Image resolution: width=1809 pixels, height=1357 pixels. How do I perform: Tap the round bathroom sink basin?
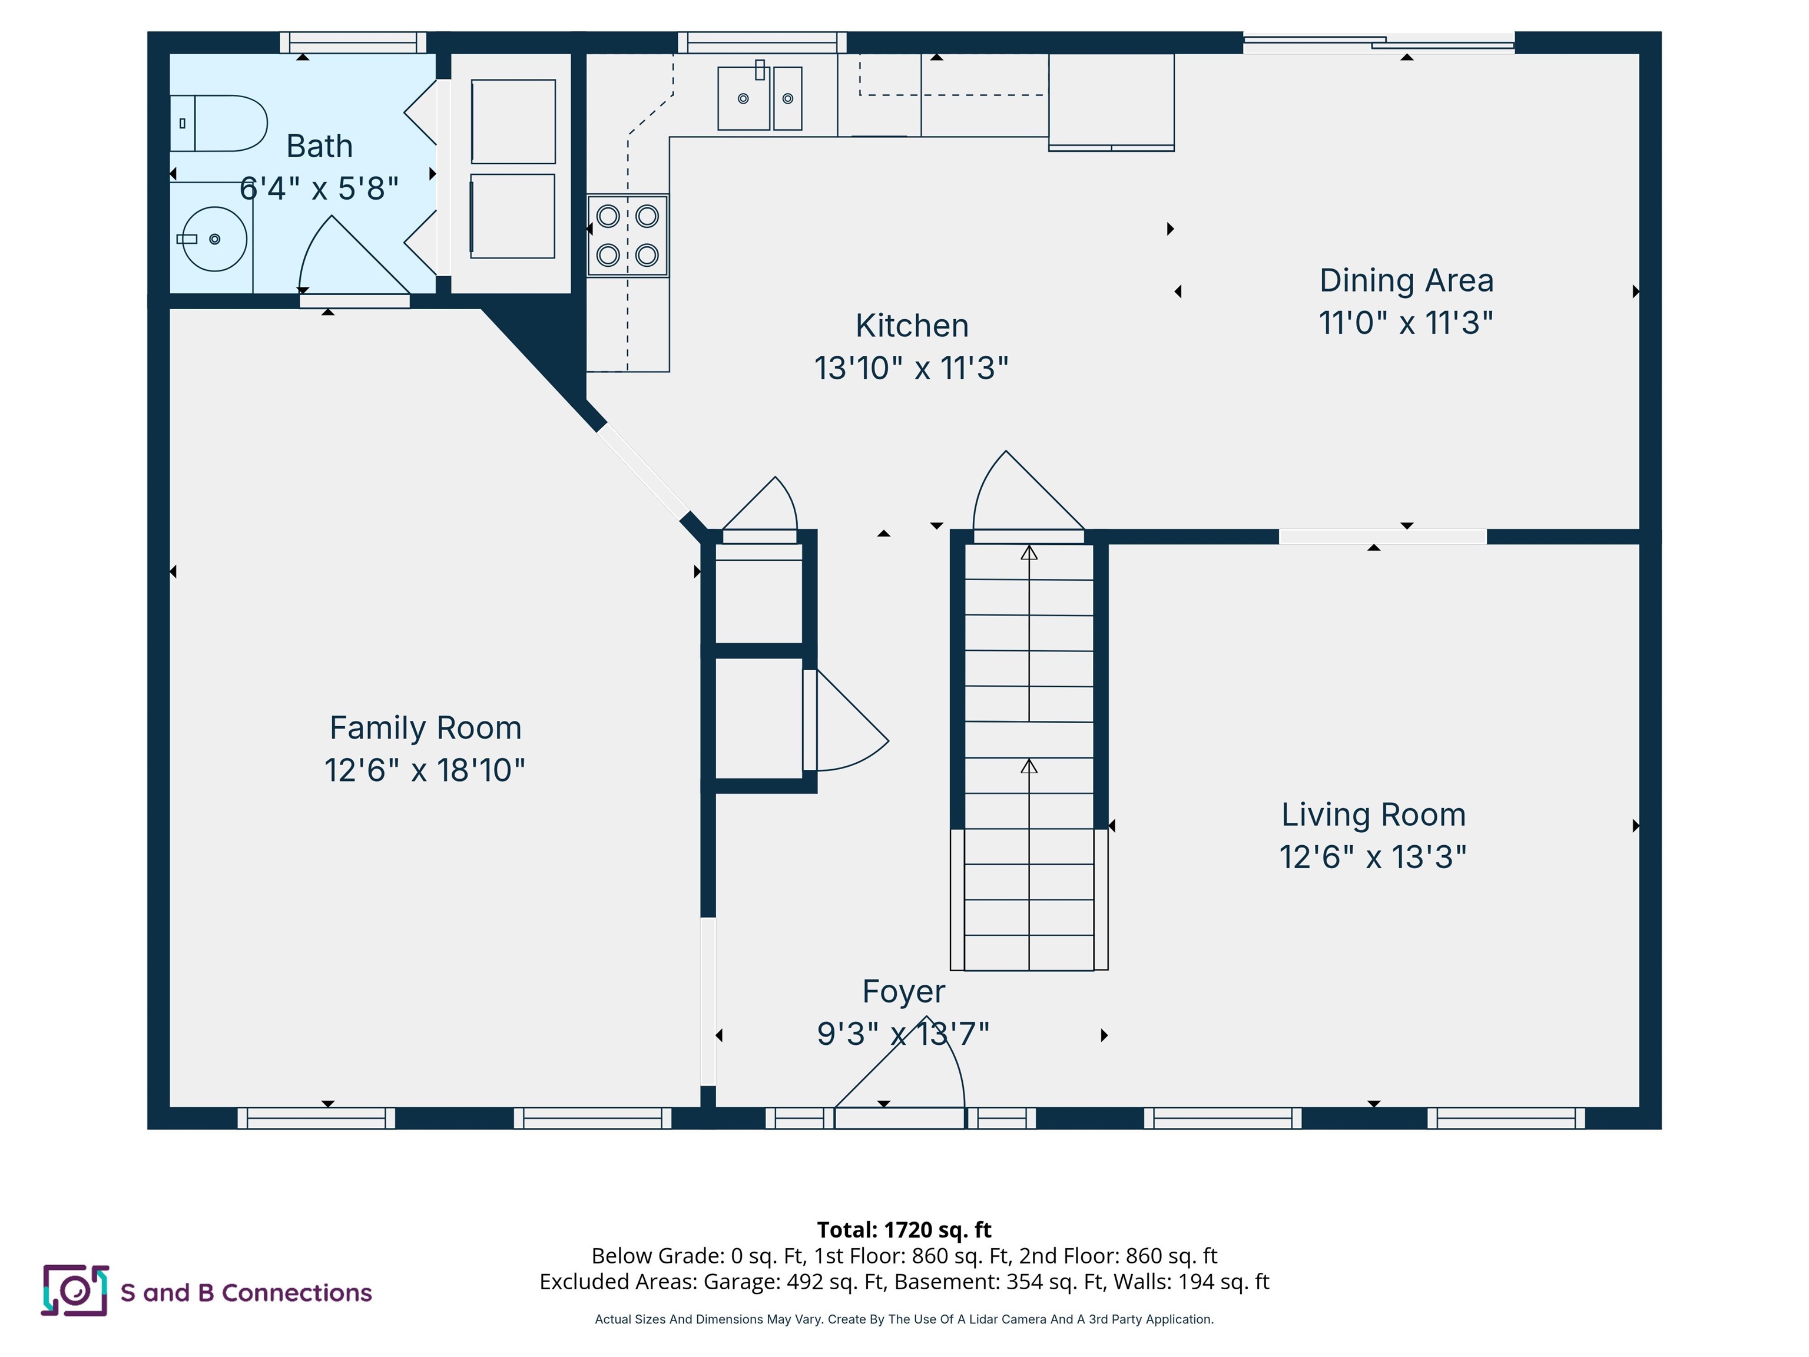pyautogui.click(x=214, y=239)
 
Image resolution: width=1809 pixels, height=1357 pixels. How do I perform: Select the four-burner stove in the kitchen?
pyautogui.click(x=627, y=236)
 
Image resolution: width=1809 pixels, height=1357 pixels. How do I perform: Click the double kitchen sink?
pyautogui.click(x=760, y=98)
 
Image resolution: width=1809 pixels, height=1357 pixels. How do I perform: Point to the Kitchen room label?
pyautogui.click(x=912, y=326)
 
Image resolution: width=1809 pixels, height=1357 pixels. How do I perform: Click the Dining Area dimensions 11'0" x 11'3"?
pyautogui.click(x=1406, y=322)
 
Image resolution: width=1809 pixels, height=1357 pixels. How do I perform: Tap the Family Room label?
pyautogui.click(x=425, y=727)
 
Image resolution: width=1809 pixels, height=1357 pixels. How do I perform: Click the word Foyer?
pyautogui.click(x=904, y=991)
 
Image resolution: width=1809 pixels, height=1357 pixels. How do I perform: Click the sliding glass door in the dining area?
pyautogui.click(x=1379, y=42)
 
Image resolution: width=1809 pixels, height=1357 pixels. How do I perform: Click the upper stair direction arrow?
pyautogui.click(x=1029, y=554)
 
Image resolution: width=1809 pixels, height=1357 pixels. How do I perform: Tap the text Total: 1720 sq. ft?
pyautogui.click(x=904, y=1229)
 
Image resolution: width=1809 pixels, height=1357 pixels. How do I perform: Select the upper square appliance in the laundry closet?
pyautogui.click(x=513, y=121)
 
